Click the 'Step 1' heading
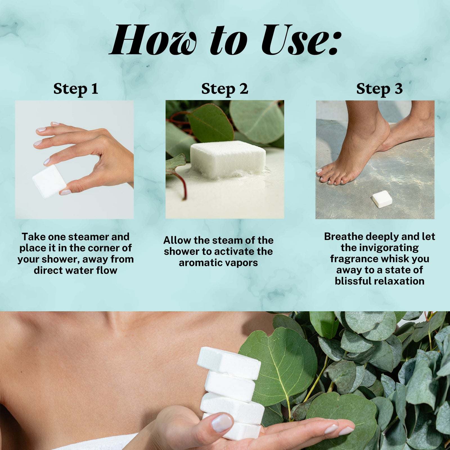click(76, 89)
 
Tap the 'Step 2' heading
click(225, 89)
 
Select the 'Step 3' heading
click(379, 89)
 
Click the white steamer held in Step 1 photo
click(49, 181)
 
